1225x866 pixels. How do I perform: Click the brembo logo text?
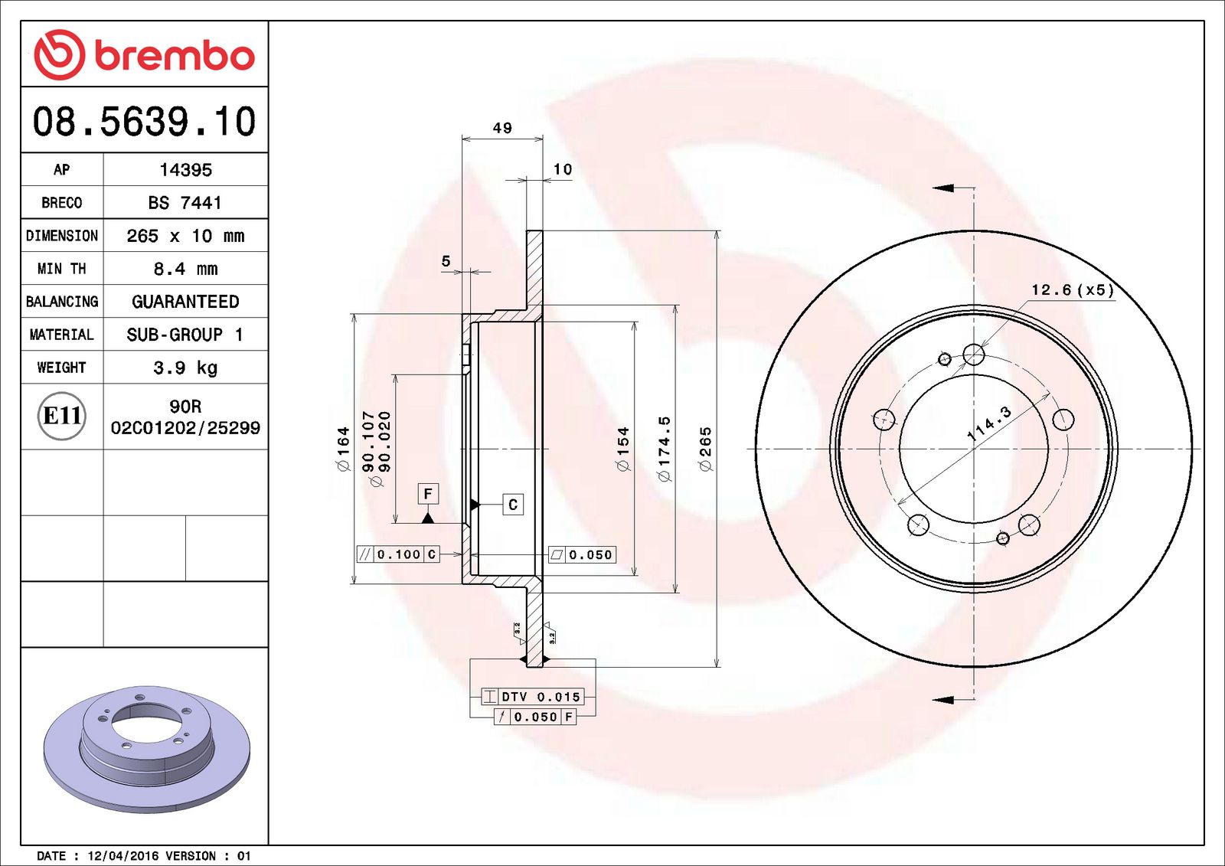click(x=175, y=56)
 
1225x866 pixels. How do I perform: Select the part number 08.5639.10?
click(x=144, y=122)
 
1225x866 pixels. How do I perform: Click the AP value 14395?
click(x=185, y=170)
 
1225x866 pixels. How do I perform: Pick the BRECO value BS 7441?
click(x=185, y=203)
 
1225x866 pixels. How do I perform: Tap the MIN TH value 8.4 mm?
click(x=185, y=269)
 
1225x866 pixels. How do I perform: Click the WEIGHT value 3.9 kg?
click(x=185, y=368)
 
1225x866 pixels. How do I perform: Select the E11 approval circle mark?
click(x=62, y=416)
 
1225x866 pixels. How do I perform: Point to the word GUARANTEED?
click(x=185, y=302)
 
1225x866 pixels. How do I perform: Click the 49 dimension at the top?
click(x=502, y=128)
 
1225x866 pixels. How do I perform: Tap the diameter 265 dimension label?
click(x=705, y=449)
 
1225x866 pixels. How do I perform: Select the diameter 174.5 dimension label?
click(x=664, y=449)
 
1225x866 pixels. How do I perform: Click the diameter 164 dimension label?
click(x=343, y=449)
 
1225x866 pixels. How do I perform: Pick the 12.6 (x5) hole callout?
click(x=1072, y=289)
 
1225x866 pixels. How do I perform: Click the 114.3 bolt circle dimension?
click(x=988, y=423)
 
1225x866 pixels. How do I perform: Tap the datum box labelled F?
click(x=428, y=494)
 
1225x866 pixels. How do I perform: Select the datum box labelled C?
click(x=513, y=505)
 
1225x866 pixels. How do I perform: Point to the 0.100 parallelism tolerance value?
click(x=399, y=554)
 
